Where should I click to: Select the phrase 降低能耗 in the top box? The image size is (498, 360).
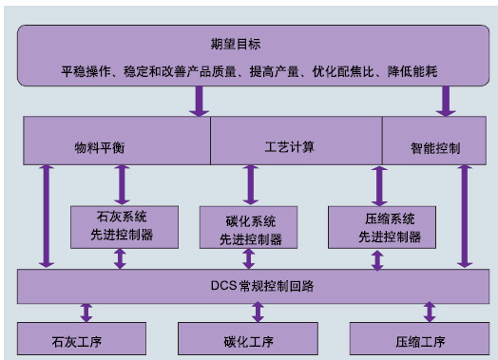(412, 71)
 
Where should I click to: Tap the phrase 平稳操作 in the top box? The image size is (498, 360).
(86, 71)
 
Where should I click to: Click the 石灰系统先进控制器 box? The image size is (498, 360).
(119, 226)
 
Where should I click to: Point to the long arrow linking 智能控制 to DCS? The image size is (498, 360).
(464, 217)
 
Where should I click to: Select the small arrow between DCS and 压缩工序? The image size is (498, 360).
(430, 312)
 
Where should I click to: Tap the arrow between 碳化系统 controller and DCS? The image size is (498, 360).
(250, 258)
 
